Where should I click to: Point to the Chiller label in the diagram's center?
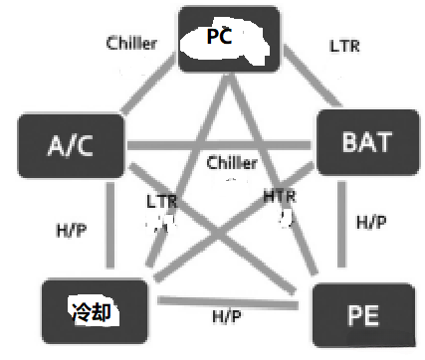(x=232, y=162)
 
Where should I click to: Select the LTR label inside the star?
(x=160, y=202)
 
